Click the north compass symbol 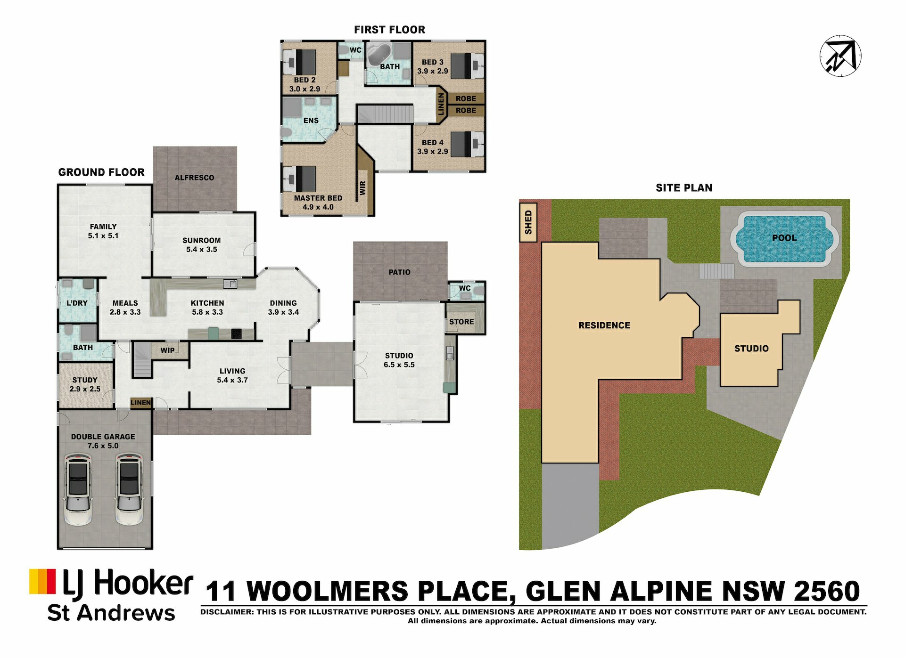pos(840,56)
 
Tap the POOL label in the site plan pos(784,238)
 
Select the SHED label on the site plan pos(528,222)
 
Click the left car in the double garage pos(78,489)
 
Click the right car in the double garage pos(129,489)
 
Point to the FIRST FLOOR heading pos(389,30)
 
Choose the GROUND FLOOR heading pos(101,172)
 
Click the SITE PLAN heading pos(684,188)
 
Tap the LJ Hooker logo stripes pos(42,581)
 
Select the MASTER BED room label pos(318,198)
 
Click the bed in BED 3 pos(467,66)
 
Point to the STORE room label pos(461,322)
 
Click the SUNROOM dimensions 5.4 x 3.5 pos(202,249)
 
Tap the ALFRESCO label pos(194,178)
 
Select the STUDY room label pos(85,380)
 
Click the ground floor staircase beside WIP pos(142,359)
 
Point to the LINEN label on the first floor pos(441,104)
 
